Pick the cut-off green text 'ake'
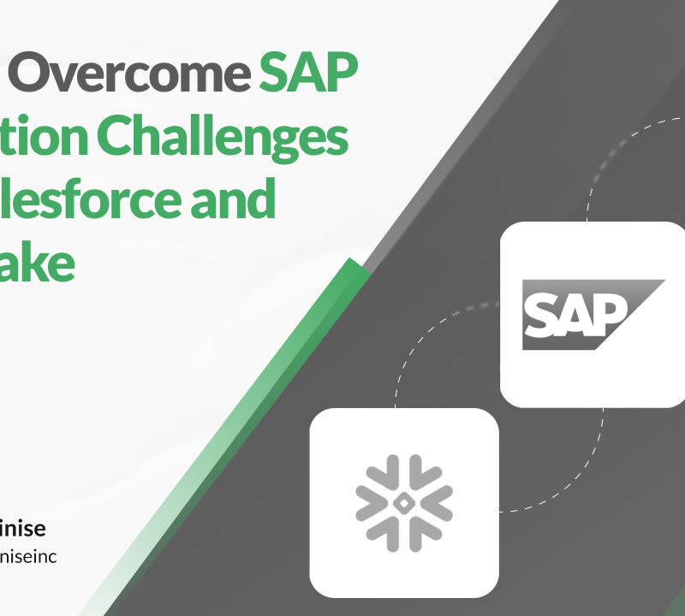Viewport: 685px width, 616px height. pos(38,264)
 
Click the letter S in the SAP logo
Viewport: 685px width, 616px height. pos(541,315)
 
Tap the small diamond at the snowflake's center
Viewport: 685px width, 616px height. pos(403,503)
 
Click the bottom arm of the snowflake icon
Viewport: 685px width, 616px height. pos(403,534)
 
